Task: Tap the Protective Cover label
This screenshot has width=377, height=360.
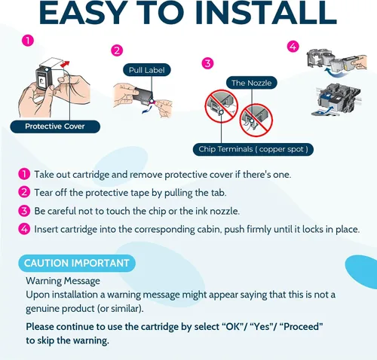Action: point(55,127)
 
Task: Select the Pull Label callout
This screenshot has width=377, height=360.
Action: point(147,70)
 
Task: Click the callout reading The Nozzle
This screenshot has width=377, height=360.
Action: point(251,83)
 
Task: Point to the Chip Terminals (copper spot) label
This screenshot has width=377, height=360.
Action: point(253,149)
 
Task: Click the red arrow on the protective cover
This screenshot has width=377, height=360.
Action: point(66,63)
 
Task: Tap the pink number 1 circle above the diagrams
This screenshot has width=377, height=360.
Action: point(28,41)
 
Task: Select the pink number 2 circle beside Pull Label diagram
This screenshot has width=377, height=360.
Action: point(117,50)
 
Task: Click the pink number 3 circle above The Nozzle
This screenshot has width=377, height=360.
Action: point(208,63)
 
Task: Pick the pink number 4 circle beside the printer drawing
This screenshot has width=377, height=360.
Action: point(293,47)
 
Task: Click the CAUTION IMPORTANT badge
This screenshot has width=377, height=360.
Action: point(77,263)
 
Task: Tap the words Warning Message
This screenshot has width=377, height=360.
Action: point(63,281)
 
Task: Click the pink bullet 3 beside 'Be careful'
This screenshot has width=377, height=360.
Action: point(24,211)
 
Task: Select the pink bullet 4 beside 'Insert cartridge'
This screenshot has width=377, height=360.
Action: point(24,229)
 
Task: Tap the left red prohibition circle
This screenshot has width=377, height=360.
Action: point(222,106)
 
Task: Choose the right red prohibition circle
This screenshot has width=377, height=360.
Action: point(256,121)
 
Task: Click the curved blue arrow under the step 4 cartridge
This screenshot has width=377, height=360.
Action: point(333,72)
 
